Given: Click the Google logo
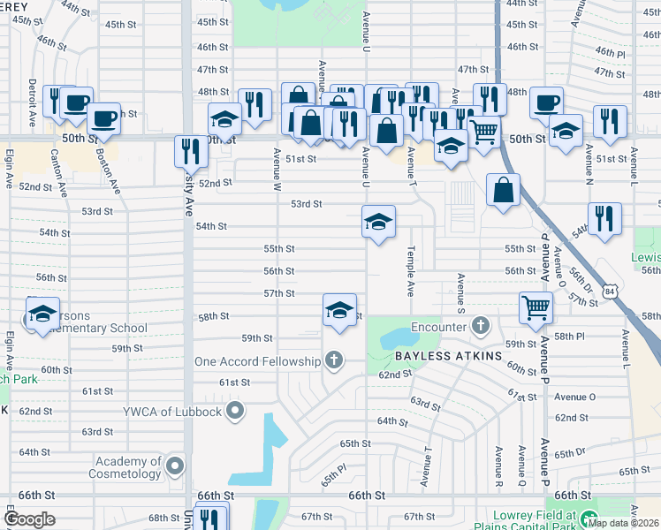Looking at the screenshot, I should (30, 519).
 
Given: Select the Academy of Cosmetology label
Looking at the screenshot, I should (129, 467).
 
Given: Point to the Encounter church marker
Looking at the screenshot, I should (480, 326).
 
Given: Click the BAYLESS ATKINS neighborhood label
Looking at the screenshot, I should (448, 355).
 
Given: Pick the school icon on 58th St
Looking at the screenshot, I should (339, 310).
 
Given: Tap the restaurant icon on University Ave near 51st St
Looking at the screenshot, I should (191, 151).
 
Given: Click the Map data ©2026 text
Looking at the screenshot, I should (624, 522).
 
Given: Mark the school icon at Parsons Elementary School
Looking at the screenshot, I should (42, 315).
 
